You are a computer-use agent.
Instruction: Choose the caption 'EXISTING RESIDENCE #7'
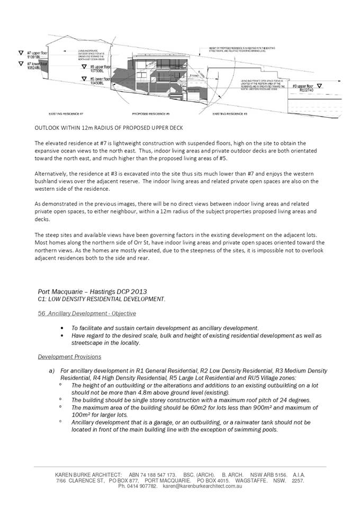click(x=66, y=114)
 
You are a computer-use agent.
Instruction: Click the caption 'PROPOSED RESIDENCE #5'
click(x=150, y=114)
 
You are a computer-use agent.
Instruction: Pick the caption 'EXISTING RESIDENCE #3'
click(x=230, y=114)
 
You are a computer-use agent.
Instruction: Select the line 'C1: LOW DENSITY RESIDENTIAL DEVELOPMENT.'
click(x=102, y=299)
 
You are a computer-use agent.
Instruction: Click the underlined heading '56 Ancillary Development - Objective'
click(x=87, y=314)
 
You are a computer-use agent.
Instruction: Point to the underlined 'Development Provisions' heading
click(x=69, y=357)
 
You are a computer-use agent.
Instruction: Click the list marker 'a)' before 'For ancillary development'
click(x=51, y=370)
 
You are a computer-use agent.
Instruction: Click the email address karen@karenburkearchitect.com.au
click(x=202, y=486)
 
